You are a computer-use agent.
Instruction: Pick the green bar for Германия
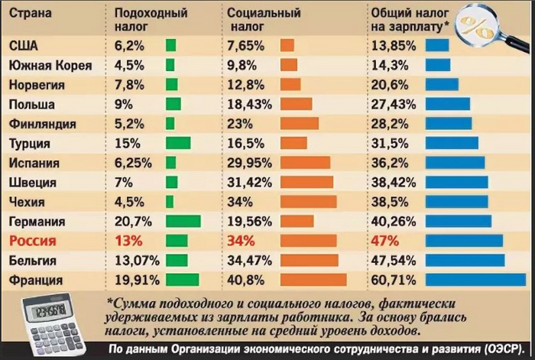click(x=183, y=221)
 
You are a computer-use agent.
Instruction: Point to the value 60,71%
click(x=392, y=280)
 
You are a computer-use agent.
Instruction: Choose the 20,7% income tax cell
click(x=129, y=221)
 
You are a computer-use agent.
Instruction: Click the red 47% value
click(x=384, y=241)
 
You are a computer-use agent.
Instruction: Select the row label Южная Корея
click(x=49, y=65)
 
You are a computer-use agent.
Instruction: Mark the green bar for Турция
click(x=177, y=142)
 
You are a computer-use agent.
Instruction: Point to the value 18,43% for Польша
click(x=248, y=103)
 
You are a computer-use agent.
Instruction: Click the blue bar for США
click(x=436, y=45)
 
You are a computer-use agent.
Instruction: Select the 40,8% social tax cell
click(x=244, y=280)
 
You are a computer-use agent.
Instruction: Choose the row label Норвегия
click(x=37, y=84)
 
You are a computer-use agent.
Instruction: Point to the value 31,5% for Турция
click(x=388, y=142)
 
